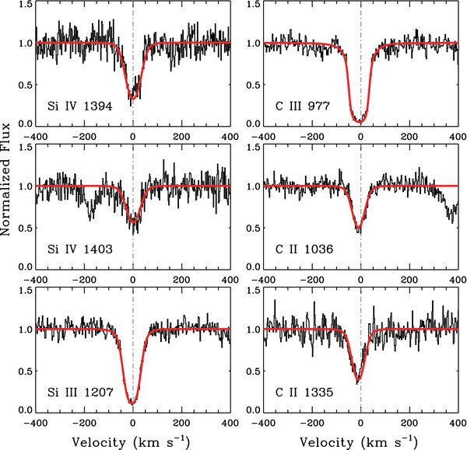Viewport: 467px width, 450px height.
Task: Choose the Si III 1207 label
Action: pos(78,391)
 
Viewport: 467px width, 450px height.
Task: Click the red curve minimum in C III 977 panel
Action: pos(359,121)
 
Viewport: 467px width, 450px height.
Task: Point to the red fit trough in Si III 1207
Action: pos(132,403)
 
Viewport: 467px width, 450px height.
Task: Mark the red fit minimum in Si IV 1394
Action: pos(132,98)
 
